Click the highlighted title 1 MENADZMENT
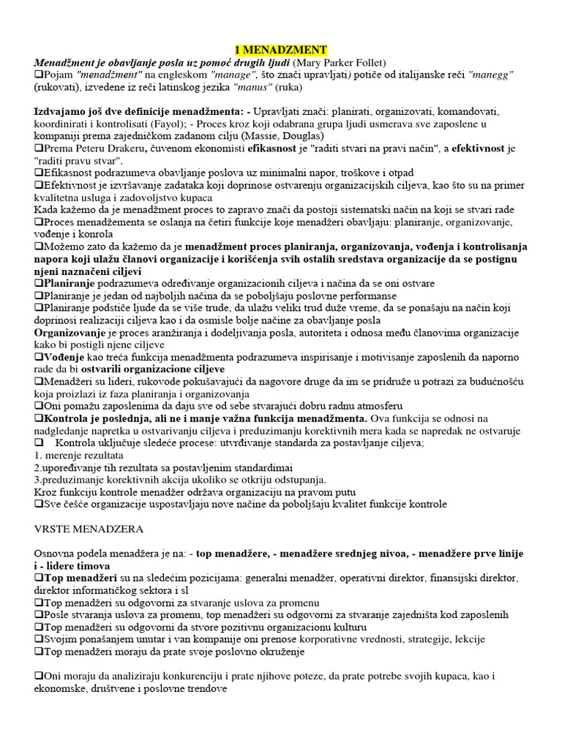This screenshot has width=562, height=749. [x=281, y=50]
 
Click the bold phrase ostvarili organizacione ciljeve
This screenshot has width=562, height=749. [x=146, y=369]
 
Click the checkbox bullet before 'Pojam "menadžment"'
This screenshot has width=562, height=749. [x=39, y=75]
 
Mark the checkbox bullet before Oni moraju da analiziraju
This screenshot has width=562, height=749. [x=39, y=677]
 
